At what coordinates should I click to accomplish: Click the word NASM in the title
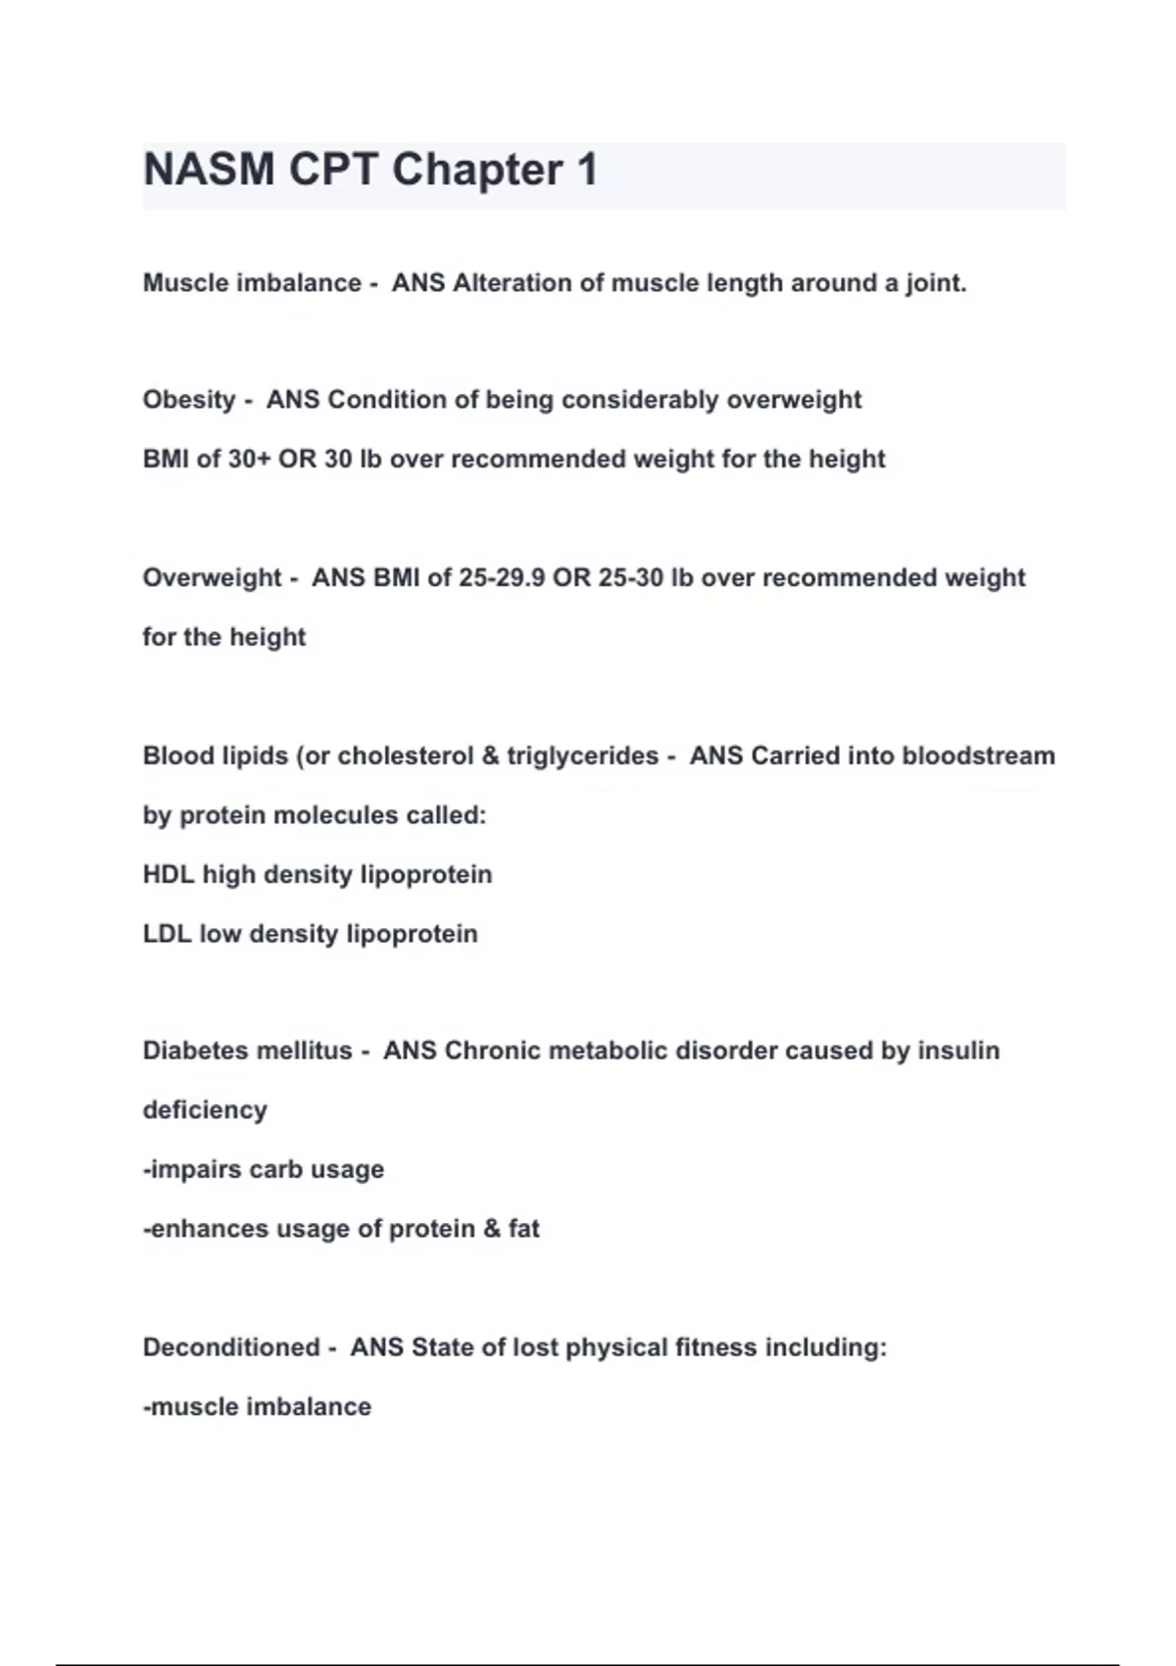point(209,170)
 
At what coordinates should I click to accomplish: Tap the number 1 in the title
point(587,170)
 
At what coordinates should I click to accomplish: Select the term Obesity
point(189,400)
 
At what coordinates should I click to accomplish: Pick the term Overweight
point(212,577)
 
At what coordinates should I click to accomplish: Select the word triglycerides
point(582,756)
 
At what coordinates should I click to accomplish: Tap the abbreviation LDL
point(167,933)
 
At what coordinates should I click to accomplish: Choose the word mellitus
point(302,1051)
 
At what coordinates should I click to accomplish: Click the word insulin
point(958,1051)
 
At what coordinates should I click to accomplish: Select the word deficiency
point(205,1110)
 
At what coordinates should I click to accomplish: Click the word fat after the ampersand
point(524,1229)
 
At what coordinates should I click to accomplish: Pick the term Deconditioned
point(231,1347)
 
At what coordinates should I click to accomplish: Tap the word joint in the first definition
point(936,283)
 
